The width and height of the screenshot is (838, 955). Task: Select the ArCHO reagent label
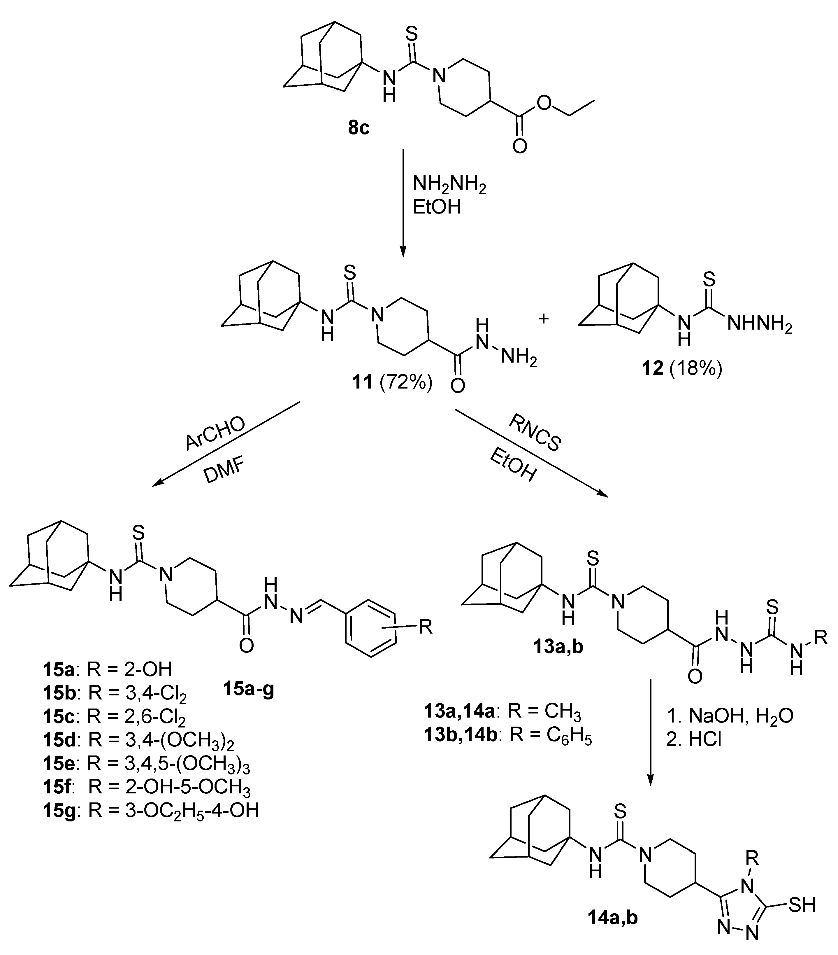(215, 433)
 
